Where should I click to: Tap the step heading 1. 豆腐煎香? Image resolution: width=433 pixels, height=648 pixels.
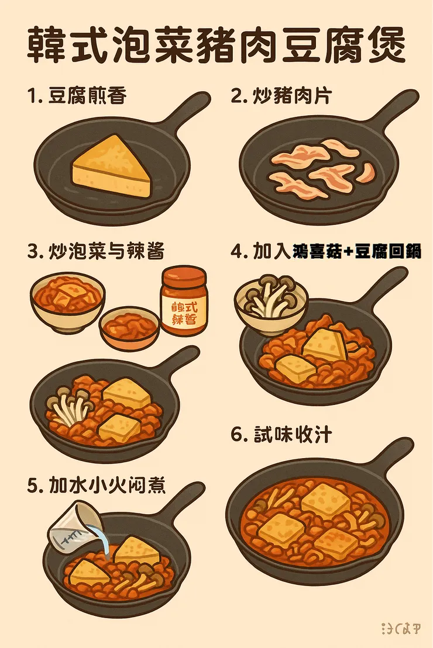(x=77, y=96)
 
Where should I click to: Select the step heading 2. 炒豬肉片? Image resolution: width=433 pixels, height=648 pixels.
(x=281, y=96)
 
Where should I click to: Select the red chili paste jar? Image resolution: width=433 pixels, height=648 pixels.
(x=183, y=300)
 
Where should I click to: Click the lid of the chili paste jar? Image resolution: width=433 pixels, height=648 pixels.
(x=184, y=274)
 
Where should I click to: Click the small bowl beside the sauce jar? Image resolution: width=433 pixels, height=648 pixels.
(x=129, y=327)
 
